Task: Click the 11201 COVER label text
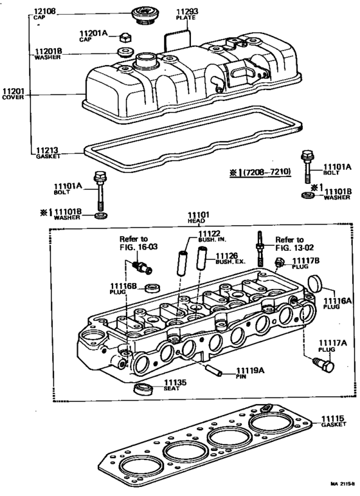14,95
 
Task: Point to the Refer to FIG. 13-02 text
289,243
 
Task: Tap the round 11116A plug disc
314,283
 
